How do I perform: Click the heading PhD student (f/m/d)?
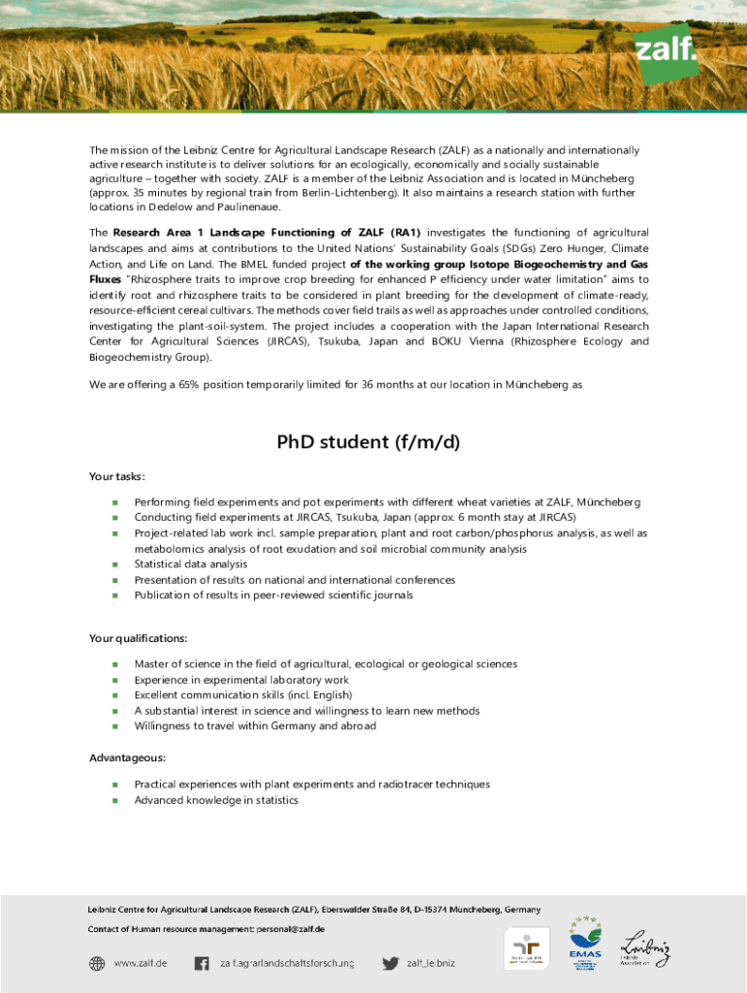[x=368, y=443]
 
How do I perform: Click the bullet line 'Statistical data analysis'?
[x=190, y=564]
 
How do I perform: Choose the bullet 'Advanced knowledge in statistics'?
[x=216, y=800]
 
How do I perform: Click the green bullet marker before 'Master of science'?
[x=114, y=664]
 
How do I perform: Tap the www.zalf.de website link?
[x=141, y=963]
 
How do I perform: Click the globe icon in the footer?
[x=97, y=963]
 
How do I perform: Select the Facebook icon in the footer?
[x=202, y=963]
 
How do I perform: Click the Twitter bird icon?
[x=390, y=963]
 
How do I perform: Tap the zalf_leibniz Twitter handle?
[x=431, y=963]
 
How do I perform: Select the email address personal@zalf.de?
[x=290, y=929]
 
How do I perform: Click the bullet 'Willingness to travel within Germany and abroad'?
[x=255, y=726]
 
